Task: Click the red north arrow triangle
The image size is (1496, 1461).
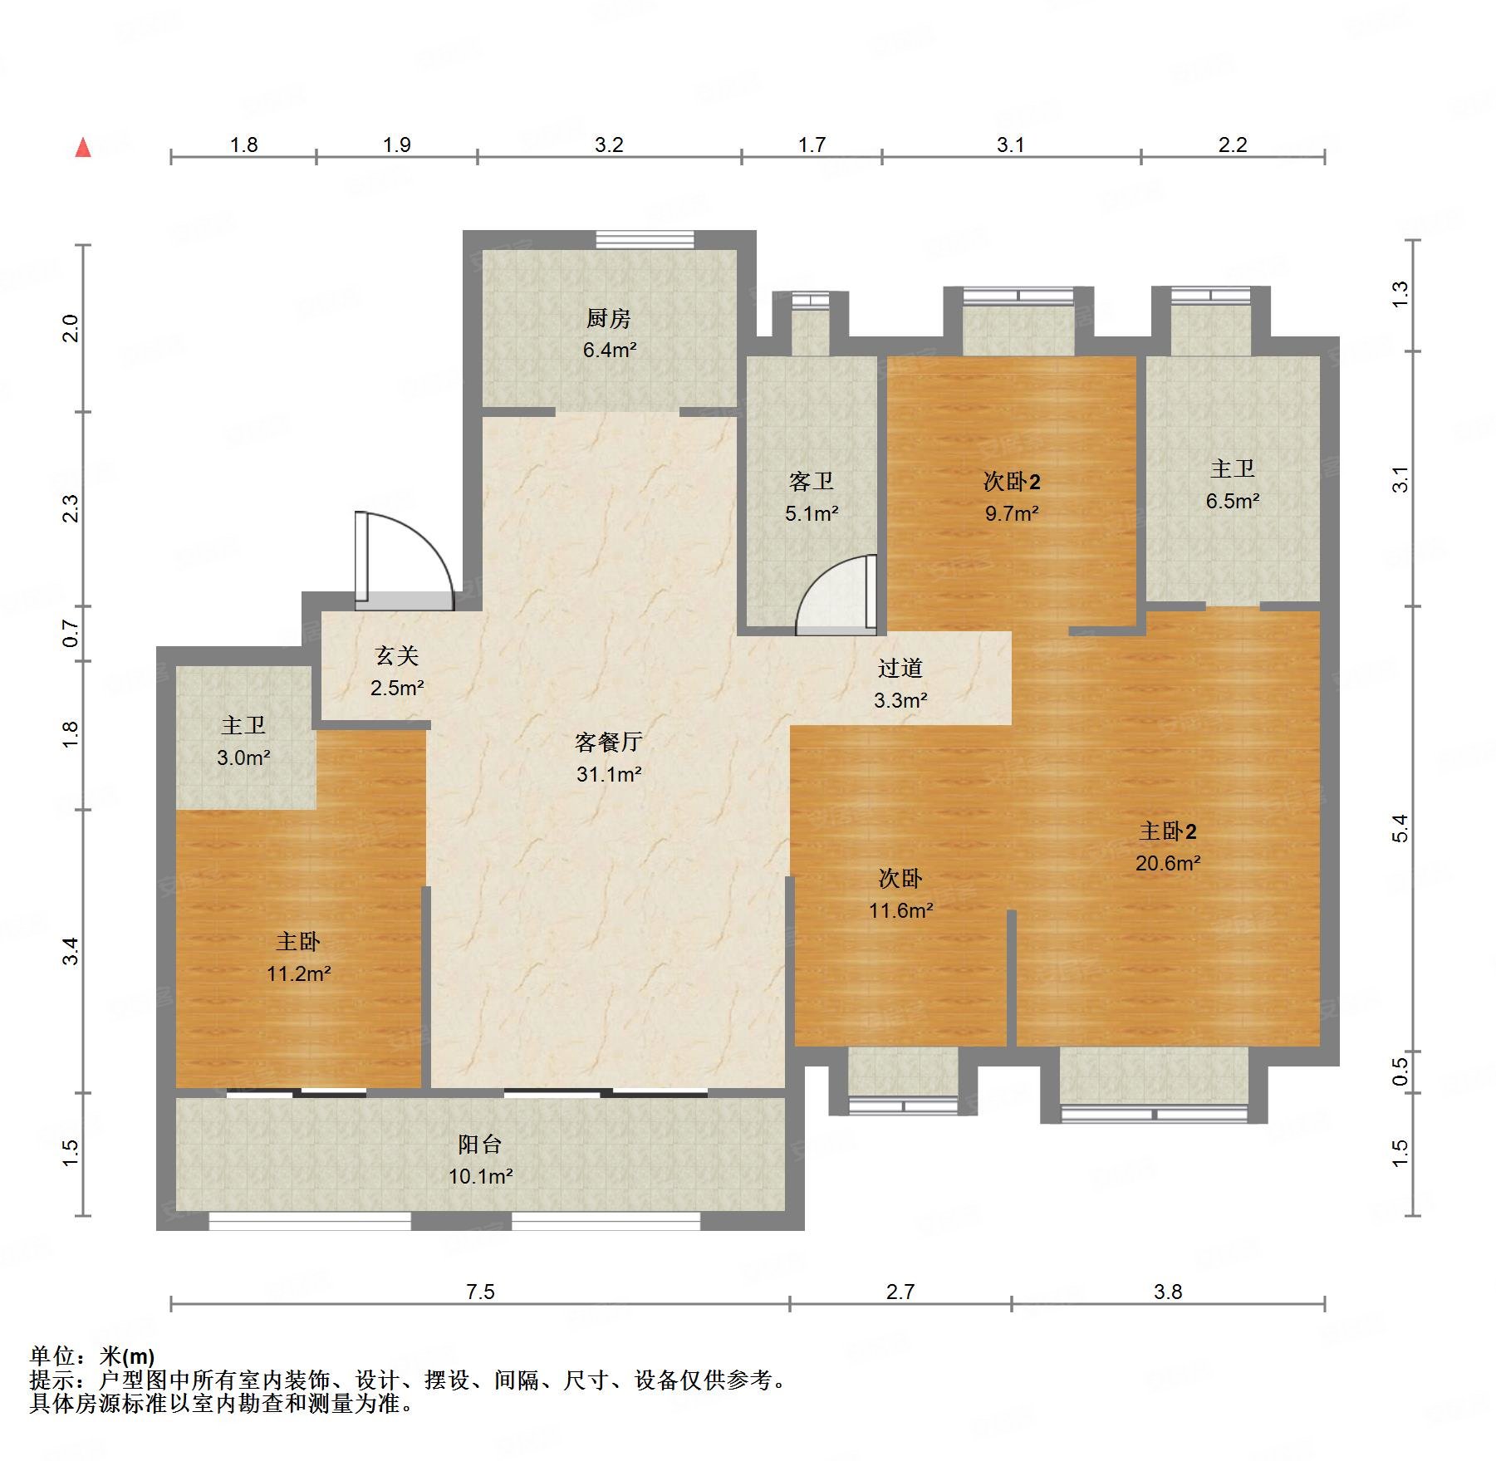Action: click(x=83, y=148)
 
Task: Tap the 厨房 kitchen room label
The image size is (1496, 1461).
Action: click(x=608, y=318)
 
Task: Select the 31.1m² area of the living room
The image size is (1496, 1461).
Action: click(x=609, y=774)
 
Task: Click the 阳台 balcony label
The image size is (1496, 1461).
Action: click(x=480, y=1144)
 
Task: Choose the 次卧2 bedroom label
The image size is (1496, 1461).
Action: click(x=1011, y=481)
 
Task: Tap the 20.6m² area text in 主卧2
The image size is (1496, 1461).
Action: click(x=1167, y=863)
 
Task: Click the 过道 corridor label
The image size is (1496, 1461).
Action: click(x=900, y=667)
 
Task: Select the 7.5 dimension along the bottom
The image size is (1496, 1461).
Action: click(x=480, y=1291)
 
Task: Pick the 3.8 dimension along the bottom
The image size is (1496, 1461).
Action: click(x=1167, y=1291)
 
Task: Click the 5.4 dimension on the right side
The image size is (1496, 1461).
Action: click(x=1400, y=828)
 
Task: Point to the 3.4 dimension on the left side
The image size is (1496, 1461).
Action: click(x=71, y=950)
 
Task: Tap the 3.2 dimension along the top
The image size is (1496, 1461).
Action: click(x=608, y=145)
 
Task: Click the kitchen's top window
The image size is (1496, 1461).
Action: click(x=645, y=239)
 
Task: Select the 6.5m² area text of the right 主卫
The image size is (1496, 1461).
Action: click(x=1232, y=501)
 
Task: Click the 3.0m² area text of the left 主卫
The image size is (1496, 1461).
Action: click(x=243, y=757)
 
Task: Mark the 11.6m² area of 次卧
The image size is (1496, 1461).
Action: click(x=900, y=910)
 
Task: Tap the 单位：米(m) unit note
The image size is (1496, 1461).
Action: click(x=92, y=1356)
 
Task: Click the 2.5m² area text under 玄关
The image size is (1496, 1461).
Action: click(x=397, y=688)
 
